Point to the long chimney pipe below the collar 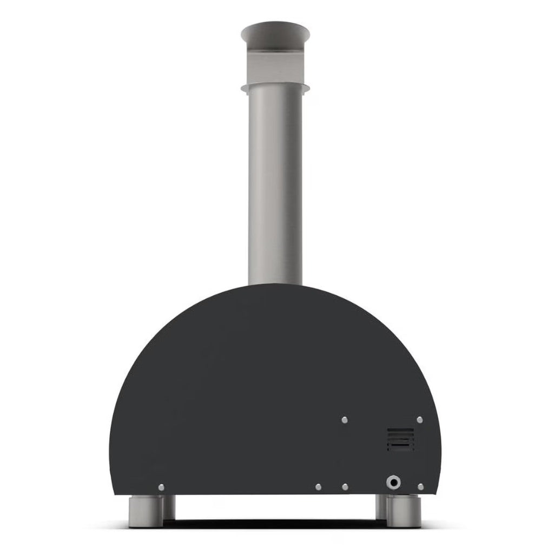tap(275, 184)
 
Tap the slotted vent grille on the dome tap(400, 439)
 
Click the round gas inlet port tap(393, 482)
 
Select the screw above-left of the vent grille tap(345, 420)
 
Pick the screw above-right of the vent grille tap(420, 420)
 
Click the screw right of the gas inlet tap(420, 487)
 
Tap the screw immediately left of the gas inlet tap(345, 487)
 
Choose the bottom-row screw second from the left tap(318, 487)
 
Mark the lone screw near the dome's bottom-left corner tap(161, 487)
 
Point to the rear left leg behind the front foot tap(169, 506)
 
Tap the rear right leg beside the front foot tap(382, 506)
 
